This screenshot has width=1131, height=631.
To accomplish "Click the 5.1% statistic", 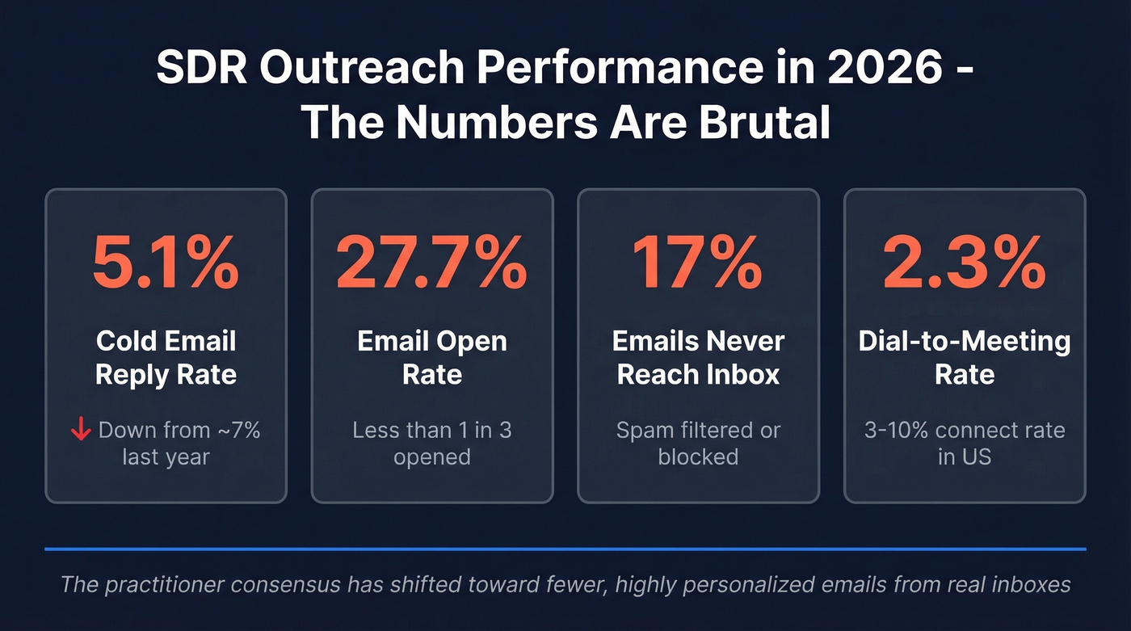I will (166, 263).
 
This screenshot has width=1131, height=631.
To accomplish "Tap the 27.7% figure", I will (432, 263).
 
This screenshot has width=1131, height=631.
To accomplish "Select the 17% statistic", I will (698, 263).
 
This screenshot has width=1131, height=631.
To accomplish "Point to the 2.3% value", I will (965, 263).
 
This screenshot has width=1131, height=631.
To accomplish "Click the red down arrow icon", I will (81, 431).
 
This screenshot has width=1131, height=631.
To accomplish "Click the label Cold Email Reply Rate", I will (166, 357).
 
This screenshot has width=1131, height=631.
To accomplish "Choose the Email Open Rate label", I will (432, 357).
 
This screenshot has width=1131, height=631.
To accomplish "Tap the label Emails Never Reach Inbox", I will (698, 357).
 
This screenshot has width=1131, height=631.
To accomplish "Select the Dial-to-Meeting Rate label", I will (965, 357).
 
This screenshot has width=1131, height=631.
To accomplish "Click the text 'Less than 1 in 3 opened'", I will (432, 443).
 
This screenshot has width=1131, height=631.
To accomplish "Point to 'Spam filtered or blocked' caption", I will (698, 443).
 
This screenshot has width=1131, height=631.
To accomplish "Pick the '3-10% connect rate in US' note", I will (965, 443).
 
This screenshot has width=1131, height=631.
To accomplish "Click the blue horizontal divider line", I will (565, 549).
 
